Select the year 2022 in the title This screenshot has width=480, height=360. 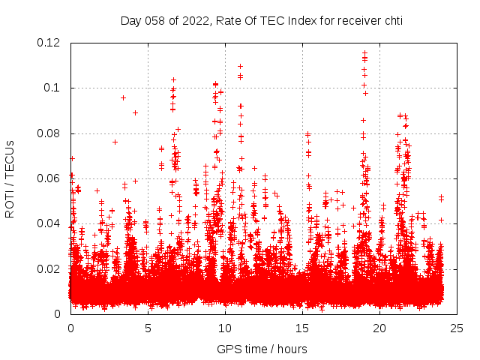[x=195, y=21]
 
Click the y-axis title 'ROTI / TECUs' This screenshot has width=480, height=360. [x=10, y=178]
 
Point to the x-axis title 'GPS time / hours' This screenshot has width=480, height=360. [x=262, y=349]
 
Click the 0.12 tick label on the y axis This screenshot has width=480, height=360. [x=50, y=43]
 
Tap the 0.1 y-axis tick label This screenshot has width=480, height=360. [x=54, y=88]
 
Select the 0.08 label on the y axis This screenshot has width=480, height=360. [x=50, y=133]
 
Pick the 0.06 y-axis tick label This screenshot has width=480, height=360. [x=50, y=178]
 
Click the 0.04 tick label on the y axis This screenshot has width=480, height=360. [x=50, y=223]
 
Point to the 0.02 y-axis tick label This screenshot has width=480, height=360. [x=50, y=268]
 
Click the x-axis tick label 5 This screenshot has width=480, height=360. [x=148, y=328]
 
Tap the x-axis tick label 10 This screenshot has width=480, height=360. [x=225, y=328]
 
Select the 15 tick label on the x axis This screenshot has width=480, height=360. [x=302, y=328]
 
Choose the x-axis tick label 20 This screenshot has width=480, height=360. [x=379, y=328]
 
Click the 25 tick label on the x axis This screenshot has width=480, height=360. [x=457, y=328]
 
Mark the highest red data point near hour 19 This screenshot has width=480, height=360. [x=365, y=53]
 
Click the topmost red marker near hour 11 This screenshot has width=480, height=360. [x=240, y=66]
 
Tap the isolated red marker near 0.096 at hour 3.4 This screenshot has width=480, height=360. [x=123, y=97]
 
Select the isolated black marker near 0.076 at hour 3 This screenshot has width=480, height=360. [x=115, y=142]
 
